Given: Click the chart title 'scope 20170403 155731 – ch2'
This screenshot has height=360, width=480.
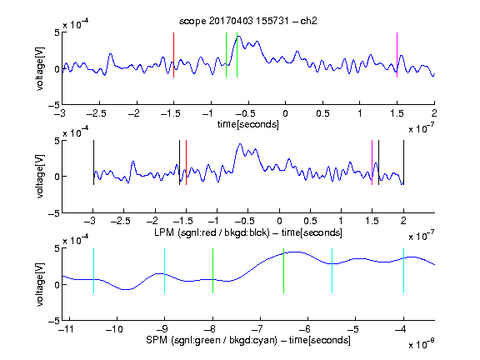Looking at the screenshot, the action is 248,21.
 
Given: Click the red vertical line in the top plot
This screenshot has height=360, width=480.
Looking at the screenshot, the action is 173,55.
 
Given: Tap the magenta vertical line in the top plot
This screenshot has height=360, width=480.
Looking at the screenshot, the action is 397,55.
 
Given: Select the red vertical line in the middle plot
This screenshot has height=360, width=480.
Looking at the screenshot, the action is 186,162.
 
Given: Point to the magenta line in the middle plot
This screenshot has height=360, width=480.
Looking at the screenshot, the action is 372,162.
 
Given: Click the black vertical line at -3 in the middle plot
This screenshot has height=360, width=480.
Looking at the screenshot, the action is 93,162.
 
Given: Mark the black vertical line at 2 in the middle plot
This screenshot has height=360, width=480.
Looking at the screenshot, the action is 403,162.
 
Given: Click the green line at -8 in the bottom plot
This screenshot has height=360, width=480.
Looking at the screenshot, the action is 212,271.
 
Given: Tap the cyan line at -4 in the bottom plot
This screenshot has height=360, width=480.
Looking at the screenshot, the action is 403,271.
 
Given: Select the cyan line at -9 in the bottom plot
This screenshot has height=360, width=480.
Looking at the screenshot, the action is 164,271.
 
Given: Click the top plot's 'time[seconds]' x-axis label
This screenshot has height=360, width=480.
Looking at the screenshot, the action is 248,124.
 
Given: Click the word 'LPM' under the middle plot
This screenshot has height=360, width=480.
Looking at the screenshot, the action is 164,232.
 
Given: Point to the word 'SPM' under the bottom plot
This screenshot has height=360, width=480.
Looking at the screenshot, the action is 156,340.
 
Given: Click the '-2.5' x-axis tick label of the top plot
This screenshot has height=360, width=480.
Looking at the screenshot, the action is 97,113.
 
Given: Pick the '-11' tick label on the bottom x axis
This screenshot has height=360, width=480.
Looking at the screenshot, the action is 68,329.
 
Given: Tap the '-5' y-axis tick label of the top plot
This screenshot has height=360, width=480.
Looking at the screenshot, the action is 54,106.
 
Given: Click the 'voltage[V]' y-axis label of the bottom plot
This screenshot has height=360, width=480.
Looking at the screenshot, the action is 40,285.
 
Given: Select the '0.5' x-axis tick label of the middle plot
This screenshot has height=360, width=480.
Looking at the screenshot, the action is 310,221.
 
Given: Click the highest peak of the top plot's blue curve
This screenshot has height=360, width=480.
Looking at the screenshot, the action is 239,36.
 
